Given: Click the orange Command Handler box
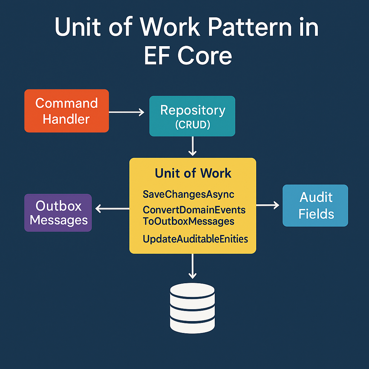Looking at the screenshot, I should click(x=66, y=111).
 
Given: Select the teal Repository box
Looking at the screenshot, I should click(x=192, y=116).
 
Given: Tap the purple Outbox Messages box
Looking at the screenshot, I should click(x=58, y=213).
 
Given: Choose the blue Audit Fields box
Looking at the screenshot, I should click(x=315, y=205).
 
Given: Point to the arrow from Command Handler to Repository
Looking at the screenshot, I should click(x=126, y=113).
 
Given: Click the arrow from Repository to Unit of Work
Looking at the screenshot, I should click(x=193, y=146).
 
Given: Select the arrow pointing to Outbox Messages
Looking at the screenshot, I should click(x=112, y=208).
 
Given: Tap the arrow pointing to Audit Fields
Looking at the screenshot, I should click(x=267, y=205).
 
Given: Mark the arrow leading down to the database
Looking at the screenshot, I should click(x=193, y=266).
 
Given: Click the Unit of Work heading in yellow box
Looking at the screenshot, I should click(x=193, y=173).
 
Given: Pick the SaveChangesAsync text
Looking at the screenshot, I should click(x=188, y=195).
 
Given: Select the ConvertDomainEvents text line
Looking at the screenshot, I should click(x=194, y=210).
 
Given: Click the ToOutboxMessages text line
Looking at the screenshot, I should click(x=188, y=221).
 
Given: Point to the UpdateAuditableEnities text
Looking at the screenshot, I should click(x=195, y=239).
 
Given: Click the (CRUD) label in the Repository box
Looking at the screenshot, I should click(x=192, y=125).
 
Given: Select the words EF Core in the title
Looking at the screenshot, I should click(x=187, y=56).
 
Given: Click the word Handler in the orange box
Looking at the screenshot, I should click(x=66, y=119).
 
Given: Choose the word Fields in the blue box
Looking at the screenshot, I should click(x=316, y=214).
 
